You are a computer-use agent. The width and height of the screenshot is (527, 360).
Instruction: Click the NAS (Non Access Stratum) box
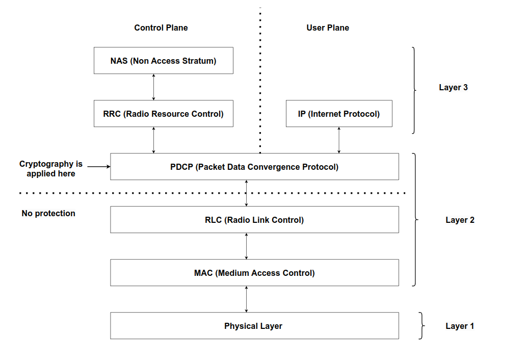(x=163, y=61)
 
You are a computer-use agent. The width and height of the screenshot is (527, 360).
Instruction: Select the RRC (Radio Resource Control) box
(x=163, y=114)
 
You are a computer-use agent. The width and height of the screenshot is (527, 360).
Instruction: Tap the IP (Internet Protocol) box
(x=339, y=114)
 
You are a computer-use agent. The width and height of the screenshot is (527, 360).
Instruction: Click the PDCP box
(x=254, y=167)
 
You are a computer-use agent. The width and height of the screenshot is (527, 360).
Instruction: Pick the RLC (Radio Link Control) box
(x=254, y=220)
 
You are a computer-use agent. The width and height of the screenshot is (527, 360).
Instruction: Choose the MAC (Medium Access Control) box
(x=254, y=273)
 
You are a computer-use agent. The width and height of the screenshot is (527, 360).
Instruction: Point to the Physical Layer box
(x=254, y=326)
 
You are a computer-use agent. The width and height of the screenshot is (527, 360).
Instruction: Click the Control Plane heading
(x=161, y=28)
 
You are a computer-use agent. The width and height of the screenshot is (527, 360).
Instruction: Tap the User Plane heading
(x=328, y=28)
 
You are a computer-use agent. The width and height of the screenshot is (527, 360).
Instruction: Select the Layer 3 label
(x=454, y=87)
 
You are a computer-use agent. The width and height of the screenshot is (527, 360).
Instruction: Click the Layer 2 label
(x=460, y=220)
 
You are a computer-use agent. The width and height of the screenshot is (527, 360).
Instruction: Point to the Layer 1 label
(x=460, y=326)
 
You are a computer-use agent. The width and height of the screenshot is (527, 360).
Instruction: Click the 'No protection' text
(x=48, y=214)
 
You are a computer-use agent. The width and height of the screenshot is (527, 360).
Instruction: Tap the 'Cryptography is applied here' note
(x=51, y=169)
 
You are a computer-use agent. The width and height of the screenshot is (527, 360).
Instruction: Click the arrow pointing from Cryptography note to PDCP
(x=99, y=166)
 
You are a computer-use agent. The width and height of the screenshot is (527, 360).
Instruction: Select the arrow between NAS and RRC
(x=153, y=87)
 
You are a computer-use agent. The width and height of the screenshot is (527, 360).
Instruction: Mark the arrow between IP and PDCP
(x=339, y=140)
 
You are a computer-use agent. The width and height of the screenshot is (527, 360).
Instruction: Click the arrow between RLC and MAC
(x=246, y=246)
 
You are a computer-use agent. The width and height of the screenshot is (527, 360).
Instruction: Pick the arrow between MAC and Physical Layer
(x=246, y=299)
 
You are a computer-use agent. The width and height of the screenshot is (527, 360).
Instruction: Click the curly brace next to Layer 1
(x=422, y=326)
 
